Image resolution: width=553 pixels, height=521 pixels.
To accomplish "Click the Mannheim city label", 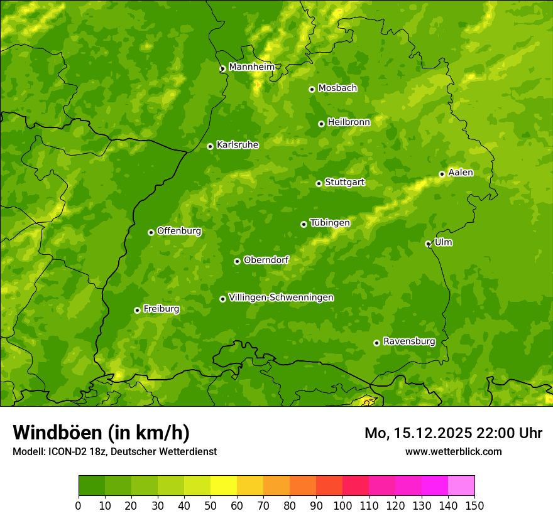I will tap(252, 67).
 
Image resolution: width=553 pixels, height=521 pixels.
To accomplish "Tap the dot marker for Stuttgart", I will tap(319, 183).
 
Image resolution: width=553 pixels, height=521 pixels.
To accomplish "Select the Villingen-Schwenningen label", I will tap(281, 298).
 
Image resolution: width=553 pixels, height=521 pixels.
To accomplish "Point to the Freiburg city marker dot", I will tap(137, 310).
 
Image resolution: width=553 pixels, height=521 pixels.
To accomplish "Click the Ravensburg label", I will tap(409, 341).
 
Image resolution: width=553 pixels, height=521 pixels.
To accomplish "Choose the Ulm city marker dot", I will tap(428, 244).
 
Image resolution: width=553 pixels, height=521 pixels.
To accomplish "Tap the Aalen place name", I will tap(461, 173).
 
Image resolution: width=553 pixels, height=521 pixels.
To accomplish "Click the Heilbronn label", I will tap(349, 122).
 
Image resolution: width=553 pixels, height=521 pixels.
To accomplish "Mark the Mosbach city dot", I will tap(312, 89).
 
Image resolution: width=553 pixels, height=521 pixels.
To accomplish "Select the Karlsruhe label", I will tap(238, 145).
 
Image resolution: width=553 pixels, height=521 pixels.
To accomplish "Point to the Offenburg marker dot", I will tap(151, 232).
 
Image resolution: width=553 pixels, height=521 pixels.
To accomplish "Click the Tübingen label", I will tap(330, 223).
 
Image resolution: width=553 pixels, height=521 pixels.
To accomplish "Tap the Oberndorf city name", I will tap(266, 260).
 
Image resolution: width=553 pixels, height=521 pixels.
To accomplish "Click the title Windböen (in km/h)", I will tap(101, 432).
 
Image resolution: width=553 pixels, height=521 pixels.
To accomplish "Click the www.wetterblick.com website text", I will tap(453, 451).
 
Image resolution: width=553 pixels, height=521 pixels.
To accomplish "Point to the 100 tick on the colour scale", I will tap(342, 505).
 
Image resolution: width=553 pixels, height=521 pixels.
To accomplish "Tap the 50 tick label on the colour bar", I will tap(211, 505).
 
